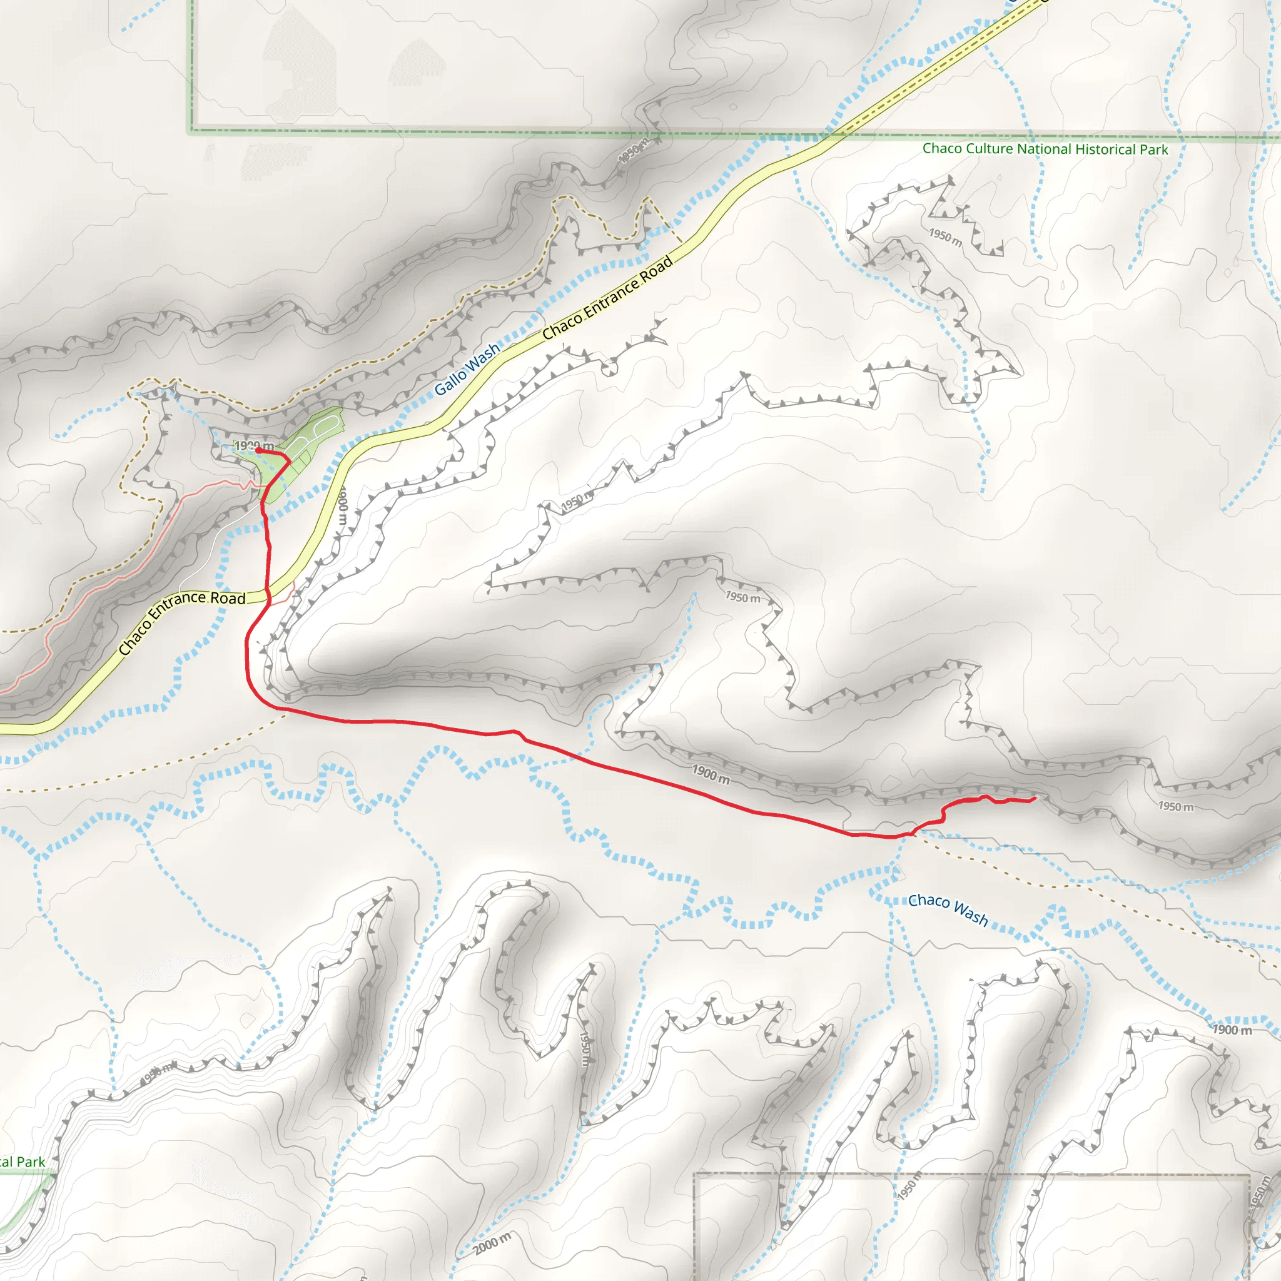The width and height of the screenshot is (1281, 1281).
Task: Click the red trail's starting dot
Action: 258,450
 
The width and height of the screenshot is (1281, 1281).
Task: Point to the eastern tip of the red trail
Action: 1035,799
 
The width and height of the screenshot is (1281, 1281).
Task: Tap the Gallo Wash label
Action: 467,369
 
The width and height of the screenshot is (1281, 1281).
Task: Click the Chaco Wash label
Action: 948,908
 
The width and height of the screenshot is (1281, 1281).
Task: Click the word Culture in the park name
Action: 988,148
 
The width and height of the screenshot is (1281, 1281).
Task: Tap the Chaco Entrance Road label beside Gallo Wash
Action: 607,298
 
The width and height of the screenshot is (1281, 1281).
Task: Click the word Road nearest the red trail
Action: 228,598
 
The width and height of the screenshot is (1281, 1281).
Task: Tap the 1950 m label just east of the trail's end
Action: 1175,806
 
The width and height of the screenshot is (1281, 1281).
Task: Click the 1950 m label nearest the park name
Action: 945,236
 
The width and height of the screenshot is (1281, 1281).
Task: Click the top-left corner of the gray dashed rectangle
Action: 695,1175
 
